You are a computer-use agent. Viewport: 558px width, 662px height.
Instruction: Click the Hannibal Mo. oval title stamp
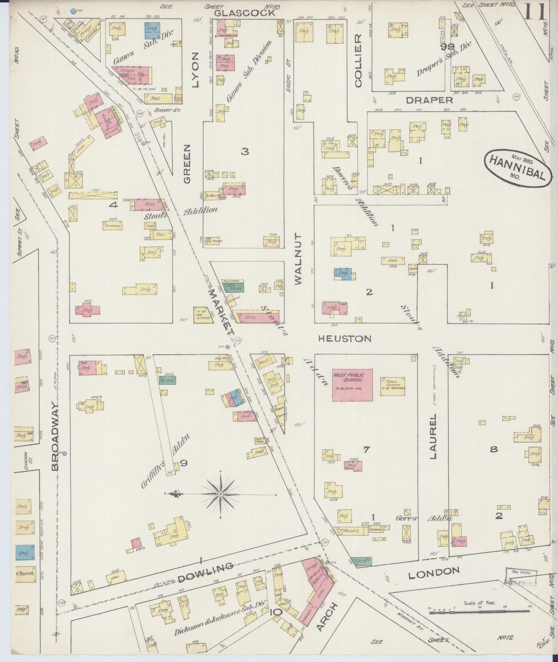tap(516, 169)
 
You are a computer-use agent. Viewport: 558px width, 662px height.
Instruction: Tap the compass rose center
tap(220, 494)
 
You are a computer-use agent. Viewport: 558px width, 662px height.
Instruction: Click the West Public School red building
tap(353, 385)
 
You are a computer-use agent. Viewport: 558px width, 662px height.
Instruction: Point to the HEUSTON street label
tap(344, 339)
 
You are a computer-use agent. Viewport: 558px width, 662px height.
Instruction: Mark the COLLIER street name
tap(358, 61)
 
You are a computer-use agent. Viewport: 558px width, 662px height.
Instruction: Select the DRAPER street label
tap(429, 100)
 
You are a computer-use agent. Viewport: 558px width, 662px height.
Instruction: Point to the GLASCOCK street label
tap(245, 13)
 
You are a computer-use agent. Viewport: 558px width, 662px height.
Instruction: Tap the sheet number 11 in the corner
tap(535, 12)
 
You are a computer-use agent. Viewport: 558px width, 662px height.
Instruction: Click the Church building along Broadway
tap(25, 574)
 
